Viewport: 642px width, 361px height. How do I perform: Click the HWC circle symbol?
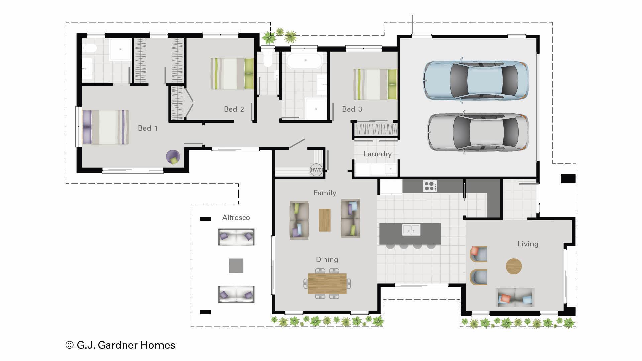point(316,170)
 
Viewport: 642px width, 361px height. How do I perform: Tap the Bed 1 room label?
point(148,128)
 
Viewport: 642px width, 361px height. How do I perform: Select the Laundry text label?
point(378,154)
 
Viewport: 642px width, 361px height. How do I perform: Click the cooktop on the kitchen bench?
point(430,186)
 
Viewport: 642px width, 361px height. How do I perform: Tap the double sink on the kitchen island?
point(411,230)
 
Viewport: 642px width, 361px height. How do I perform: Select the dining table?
point(327,283)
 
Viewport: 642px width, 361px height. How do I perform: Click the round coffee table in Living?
point(513,266)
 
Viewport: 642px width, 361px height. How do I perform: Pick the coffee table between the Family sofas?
point(325,220)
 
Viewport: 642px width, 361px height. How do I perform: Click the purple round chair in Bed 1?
point(173,156)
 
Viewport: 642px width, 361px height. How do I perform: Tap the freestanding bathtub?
point(304,61)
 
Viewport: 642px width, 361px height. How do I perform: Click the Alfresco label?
point(236,218)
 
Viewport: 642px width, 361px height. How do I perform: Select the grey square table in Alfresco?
point(236,266)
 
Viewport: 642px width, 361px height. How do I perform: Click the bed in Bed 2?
point(232,74)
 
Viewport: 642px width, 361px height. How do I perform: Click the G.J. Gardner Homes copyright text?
point(120,345)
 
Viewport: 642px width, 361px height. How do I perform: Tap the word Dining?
point(327,260)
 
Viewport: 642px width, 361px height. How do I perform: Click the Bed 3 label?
point(352,109)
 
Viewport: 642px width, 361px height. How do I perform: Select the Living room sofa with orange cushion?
point(515,297)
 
